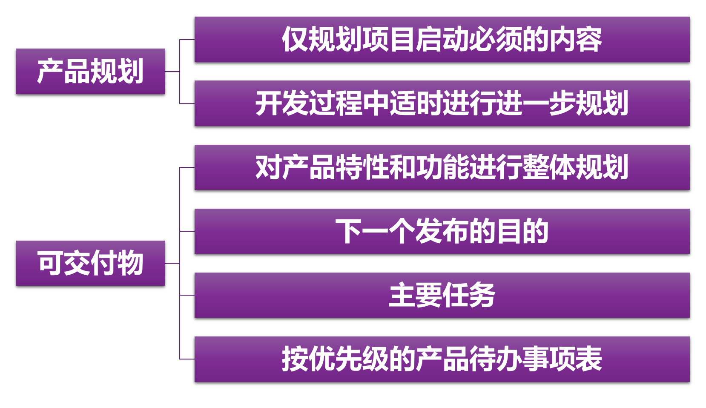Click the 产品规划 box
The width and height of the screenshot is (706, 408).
[90, 71]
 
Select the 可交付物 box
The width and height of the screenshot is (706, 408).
[90, 263]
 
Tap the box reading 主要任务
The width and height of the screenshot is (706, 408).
[442, 295]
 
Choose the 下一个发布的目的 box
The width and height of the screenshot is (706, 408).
[442, 231]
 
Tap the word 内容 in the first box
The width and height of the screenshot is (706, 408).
[575, 40]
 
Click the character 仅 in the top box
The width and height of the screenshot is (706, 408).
[295, 40]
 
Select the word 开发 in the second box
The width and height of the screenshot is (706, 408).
[281, 103]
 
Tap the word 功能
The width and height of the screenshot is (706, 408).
[442, 167]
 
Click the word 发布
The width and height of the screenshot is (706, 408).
[442, 231]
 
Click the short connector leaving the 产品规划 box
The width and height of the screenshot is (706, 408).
[172, 72]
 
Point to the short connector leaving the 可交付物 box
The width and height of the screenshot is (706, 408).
[172, 263]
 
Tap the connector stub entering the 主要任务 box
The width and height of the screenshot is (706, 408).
[187, 295]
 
